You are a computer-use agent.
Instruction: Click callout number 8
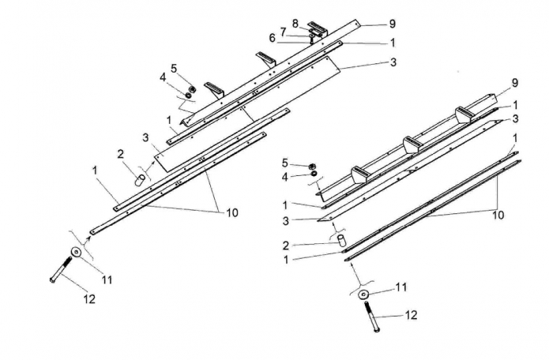pyautogui.click(x=295, y=23)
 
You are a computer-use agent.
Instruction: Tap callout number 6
pyautogui.click(x=272, y=38)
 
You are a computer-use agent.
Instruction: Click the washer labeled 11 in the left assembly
pyautogui.click(x=75, y=252)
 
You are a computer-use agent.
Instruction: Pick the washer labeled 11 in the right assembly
pyautogui.click(x=363, y=294)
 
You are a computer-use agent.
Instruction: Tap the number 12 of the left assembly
pyautogui.click(x=89, y=298)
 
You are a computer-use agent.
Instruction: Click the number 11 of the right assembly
pyautogui.click(x=401, y=287)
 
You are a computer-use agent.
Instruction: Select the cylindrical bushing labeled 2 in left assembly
pyautogui.click(x=139, y=180)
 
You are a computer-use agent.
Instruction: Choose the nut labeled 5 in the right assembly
pyautogui.click(x=312, y=163)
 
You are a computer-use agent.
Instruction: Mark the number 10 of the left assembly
pyautogui.click(x=231, y=212)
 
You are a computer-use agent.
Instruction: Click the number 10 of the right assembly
pyautogui.click(x=498, y=214)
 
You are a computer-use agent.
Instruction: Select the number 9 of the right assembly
pyautogui.click(x=515, y=82)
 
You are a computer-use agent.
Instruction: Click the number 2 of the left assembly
pyautogui.click(x=120, y=153)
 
